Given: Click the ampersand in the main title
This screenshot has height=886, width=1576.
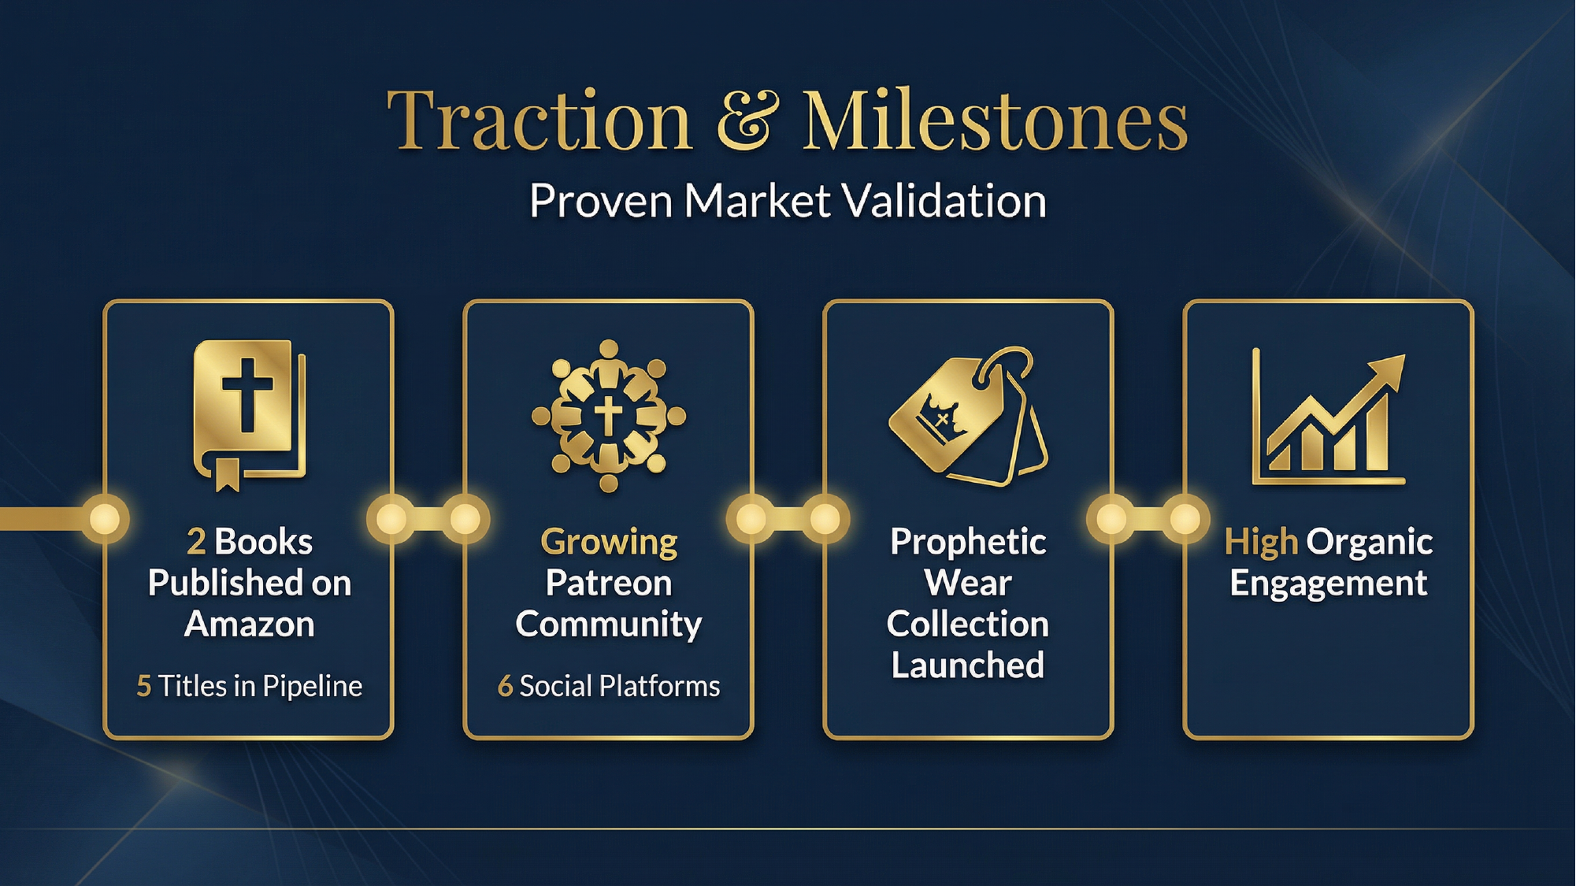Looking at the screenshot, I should [x=747, y=120].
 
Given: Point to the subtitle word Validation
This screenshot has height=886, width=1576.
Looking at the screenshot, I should [x=944, y=201].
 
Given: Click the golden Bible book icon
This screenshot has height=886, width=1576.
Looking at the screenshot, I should [x=249, y=414].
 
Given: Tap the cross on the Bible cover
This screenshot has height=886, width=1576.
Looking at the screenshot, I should [x=247, y=394].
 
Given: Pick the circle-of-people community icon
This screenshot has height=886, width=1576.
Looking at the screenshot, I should [x=608, y=416].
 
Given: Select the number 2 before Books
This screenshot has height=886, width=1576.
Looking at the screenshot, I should [x=196, y=542].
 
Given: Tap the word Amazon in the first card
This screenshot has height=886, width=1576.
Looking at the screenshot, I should [x=250, y=624].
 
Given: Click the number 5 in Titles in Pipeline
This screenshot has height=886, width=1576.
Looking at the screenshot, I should [x=143, y=686].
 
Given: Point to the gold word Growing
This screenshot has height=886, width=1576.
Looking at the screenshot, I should [x=609, y=542].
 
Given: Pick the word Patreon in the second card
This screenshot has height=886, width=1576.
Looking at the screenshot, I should [x=609, y=583].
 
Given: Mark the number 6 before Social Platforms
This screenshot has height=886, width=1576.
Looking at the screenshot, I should [x=505, y=686].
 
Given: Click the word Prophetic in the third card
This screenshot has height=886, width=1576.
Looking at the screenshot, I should [x=968, y=542].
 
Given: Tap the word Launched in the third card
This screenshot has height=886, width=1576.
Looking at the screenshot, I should [x=968, y=665].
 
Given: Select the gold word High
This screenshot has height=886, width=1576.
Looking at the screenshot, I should [x=1260, y=542].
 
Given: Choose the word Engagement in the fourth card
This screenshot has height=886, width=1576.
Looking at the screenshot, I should [x=1328, y=584].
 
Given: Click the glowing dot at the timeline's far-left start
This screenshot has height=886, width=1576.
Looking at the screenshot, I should [x=105, y=519].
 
